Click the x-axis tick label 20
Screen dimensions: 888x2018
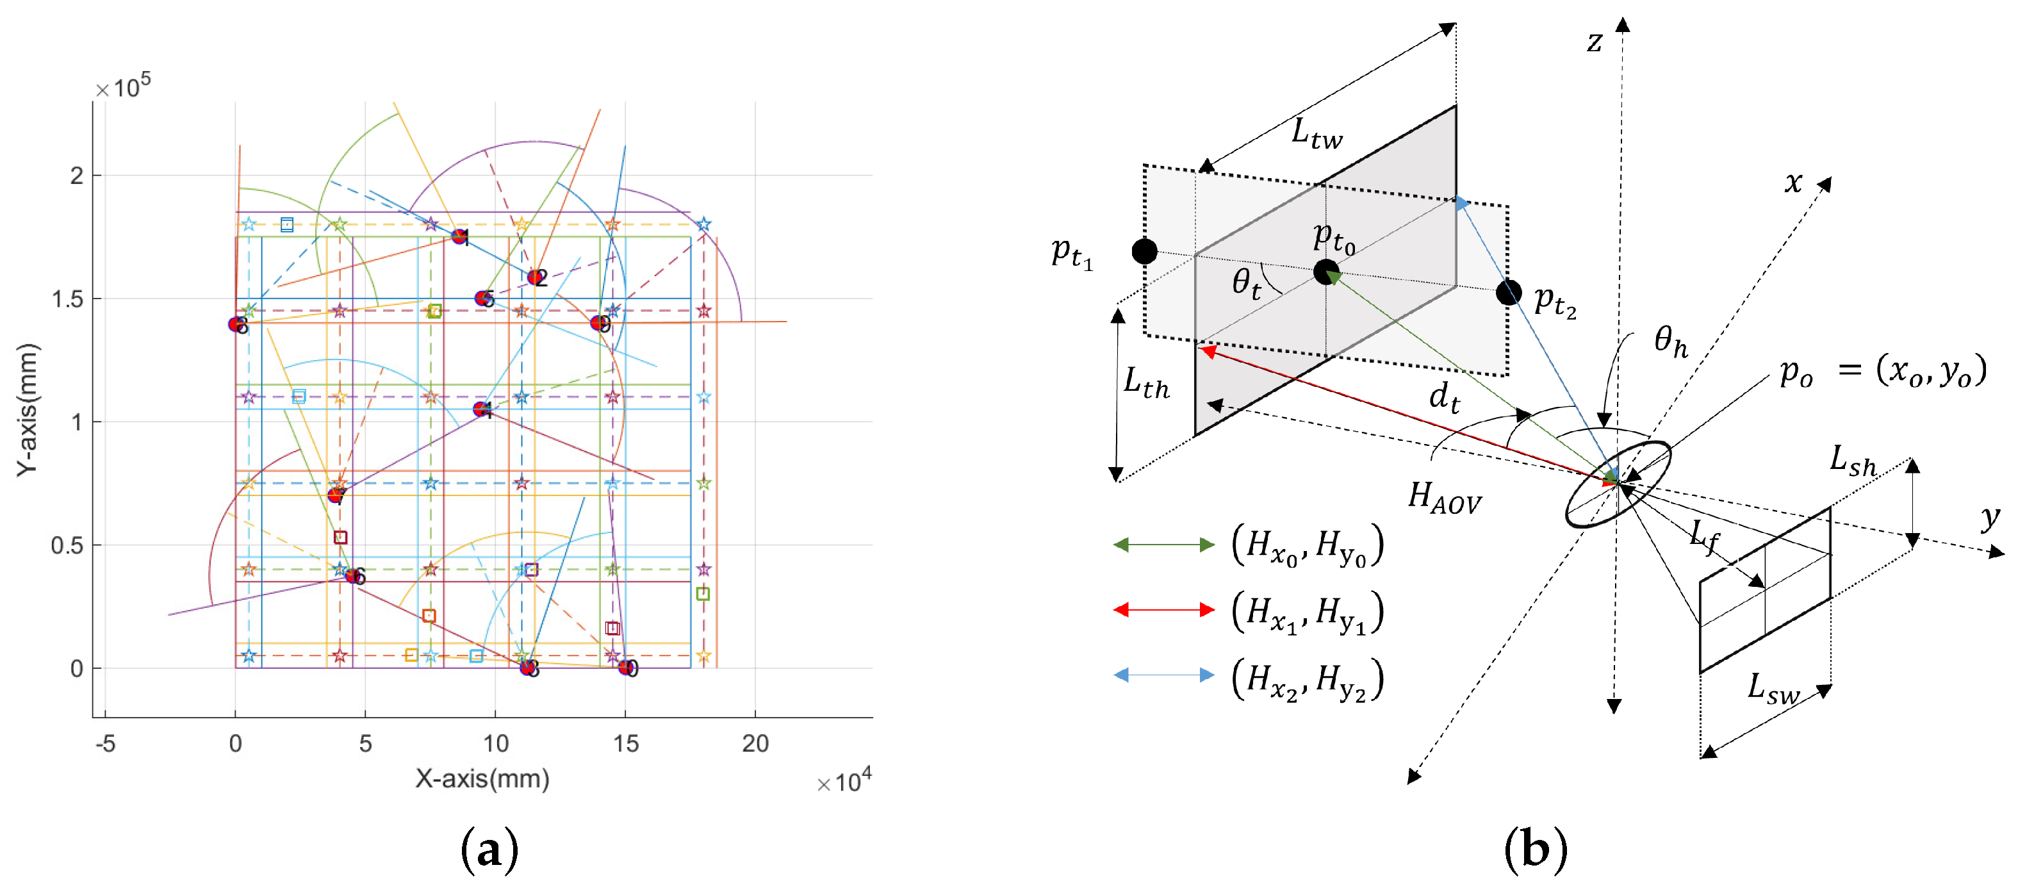(x=755, y=743)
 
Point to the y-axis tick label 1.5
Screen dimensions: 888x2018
(x=67, y=299)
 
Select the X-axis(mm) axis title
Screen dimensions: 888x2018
(x=482, y=778)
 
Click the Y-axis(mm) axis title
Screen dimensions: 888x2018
(x=28, y=409)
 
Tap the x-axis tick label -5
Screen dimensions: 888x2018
(x=105, y=743)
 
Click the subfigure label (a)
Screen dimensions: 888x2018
(x=489, y=850)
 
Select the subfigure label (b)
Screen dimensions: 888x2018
(x=1535, y=850)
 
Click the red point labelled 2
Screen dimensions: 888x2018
(x=535, y=277)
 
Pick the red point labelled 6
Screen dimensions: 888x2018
(x=352, y=576)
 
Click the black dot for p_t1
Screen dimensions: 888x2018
(x=1145, y=252)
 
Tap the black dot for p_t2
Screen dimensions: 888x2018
(x=1508, y=292)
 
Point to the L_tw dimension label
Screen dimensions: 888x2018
(x=1316, y=133)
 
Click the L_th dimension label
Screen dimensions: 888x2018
(x=1146, y=383)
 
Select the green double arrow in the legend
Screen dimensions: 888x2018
(x=1164, y=545)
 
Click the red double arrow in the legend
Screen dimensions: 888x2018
(x=1164, y=610)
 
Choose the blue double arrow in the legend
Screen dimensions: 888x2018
(x=1164, y=675)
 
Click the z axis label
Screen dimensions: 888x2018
(x=1594, y=41)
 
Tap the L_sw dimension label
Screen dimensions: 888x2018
(x=1773, y=689)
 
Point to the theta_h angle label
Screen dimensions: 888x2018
(x=1670, y=341)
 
